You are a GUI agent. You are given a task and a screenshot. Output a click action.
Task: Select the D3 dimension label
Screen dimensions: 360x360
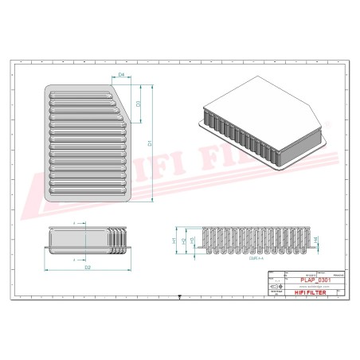click(x=138, y=104)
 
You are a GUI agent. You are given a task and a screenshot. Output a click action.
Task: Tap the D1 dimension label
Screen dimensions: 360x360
click(x=150, y=144)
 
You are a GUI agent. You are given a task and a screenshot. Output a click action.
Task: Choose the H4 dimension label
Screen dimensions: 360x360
click(x=318, y=239)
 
